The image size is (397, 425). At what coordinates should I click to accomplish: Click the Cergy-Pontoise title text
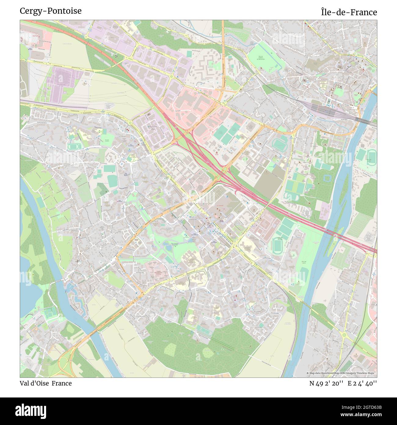[x=51, y=11]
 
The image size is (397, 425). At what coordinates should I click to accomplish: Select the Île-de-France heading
[x=349, y=12]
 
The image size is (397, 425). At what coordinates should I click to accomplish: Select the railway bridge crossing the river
[x=363, y=120]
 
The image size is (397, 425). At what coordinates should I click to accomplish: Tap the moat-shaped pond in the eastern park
[x=328, y=178]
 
